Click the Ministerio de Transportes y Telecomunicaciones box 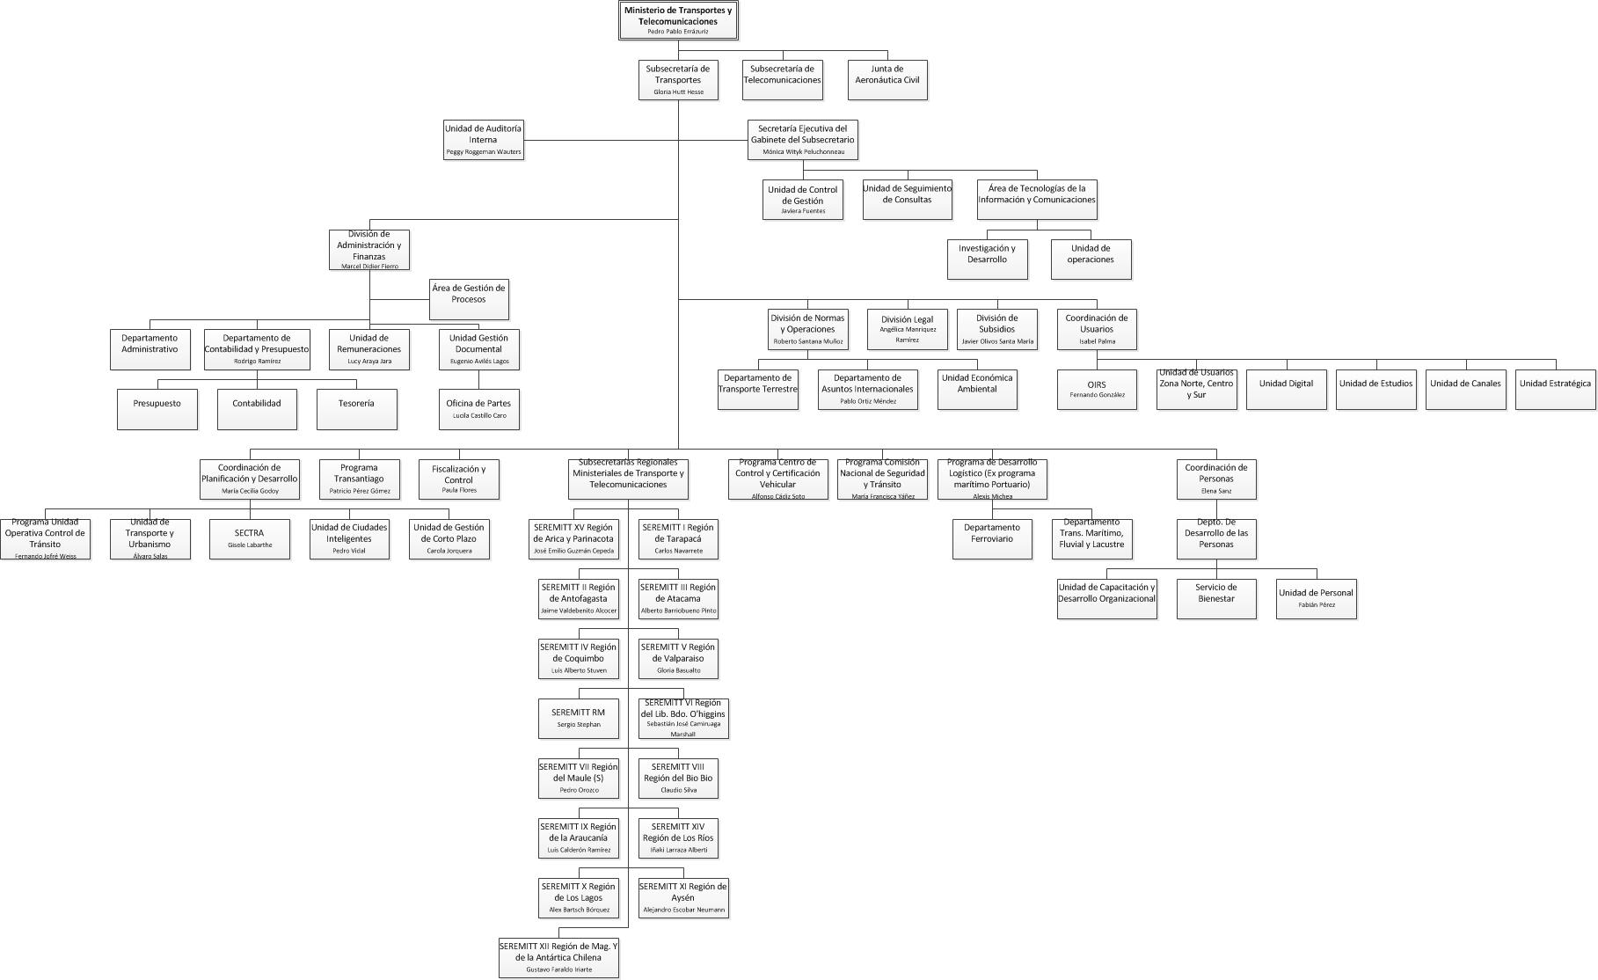677,20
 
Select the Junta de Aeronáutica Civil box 887,79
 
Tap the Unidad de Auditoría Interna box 483,139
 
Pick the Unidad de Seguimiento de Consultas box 907,199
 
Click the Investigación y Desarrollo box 987,259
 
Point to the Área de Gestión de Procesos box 469,299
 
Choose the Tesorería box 356,409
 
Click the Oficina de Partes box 478,409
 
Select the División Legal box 908,329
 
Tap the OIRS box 1097,389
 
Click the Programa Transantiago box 359,479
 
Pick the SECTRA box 249,538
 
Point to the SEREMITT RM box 578,718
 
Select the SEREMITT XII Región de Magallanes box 558,957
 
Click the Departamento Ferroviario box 992,538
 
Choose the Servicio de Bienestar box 1215,598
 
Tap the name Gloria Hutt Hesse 678,92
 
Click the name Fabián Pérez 1317,605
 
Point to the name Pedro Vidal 348,552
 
